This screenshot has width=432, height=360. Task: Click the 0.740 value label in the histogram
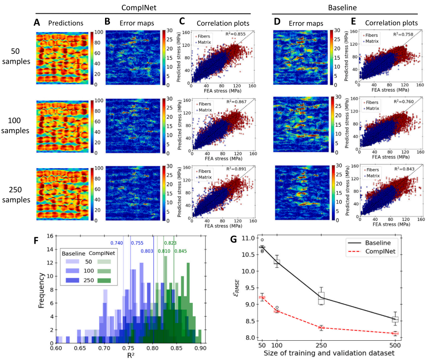pyautogui.click(x=117, y=243)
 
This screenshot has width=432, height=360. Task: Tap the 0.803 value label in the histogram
pyautogui.click(x=146, y=251)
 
